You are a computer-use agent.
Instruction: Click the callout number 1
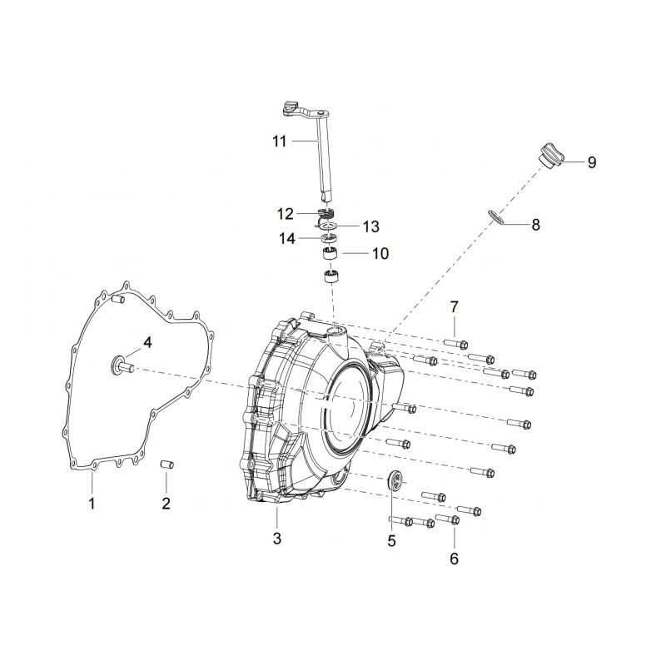(x=92, y=504)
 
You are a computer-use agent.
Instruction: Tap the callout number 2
(x=166, y=504)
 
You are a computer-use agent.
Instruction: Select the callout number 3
(x=277, y=539)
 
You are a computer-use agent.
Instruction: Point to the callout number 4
(x=147, y=342)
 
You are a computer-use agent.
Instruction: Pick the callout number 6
(x=454, y=559)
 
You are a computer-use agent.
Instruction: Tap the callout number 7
(x=454, y=306)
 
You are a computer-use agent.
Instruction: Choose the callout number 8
(x=535, y=224)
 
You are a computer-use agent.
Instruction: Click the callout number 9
(x=592, y=162)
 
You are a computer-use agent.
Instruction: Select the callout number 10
(x=380, y=254)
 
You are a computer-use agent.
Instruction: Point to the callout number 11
(x=280, y=141)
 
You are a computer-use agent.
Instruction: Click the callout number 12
(x=285, y=214)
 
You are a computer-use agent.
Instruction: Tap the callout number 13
(x=370, y=226)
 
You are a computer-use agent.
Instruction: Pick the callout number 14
(x=286, y=238)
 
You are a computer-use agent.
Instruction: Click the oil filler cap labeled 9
(x=550, y=157)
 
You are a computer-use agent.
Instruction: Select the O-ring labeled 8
(x=496, y=216)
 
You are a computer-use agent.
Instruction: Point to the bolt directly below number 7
(x=456, y=343)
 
